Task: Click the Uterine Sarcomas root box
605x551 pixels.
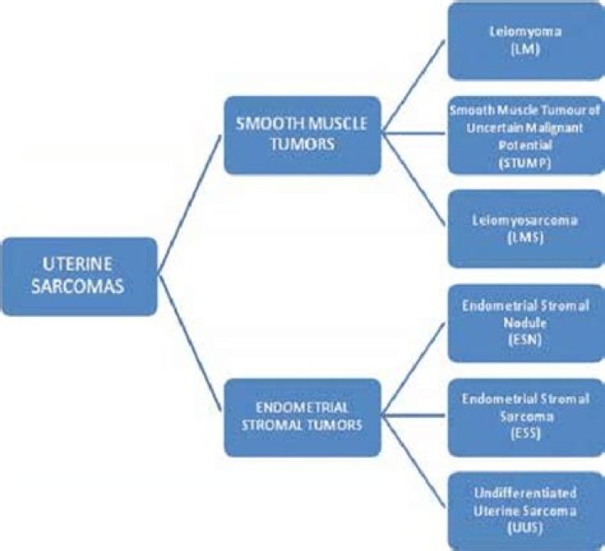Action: (x=79, y=276)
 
